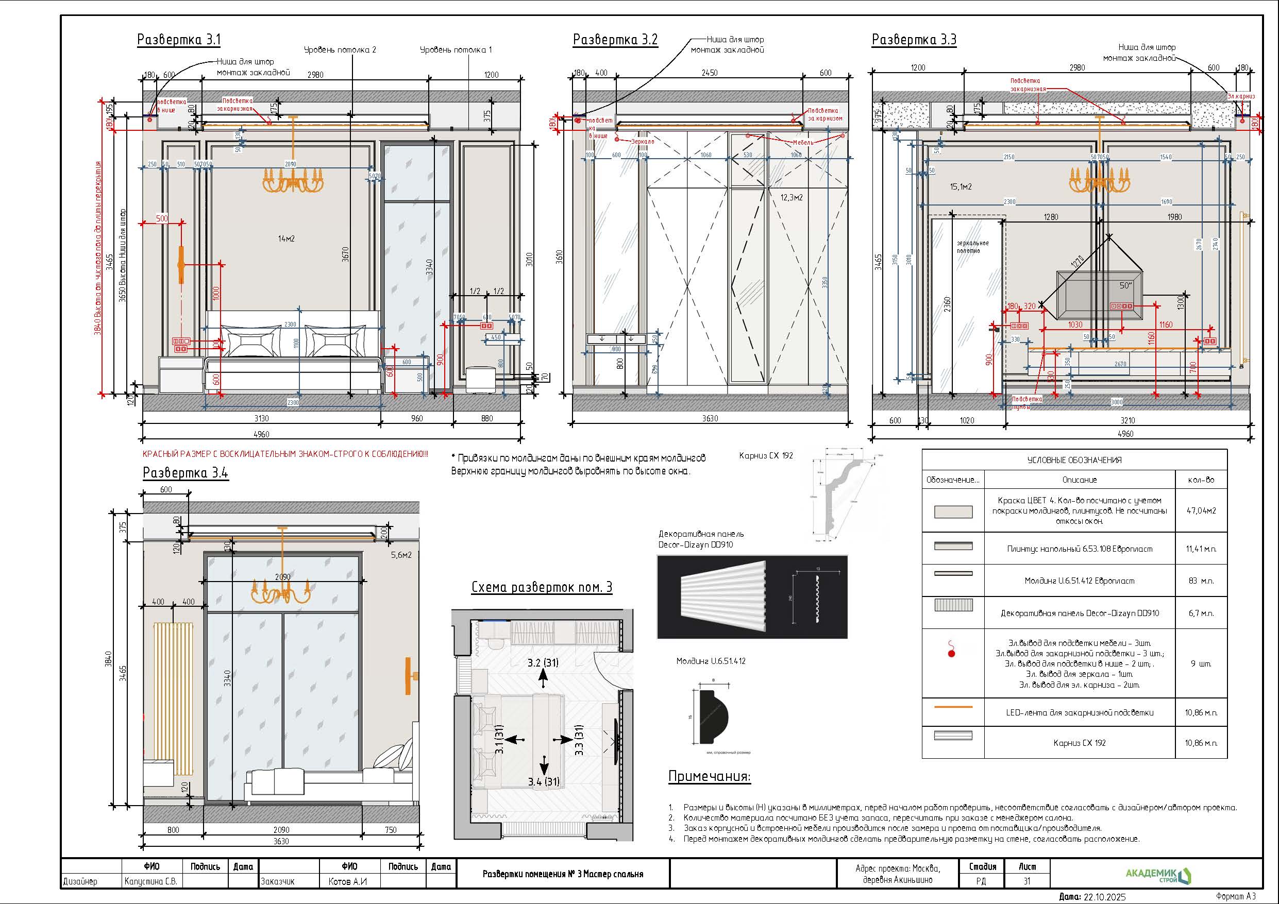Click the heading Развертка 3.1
click(179, 40)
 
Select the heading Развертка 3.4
click(186, 473)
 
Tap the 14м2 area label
click(287, 239)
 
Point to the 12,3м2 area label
click(791, 198)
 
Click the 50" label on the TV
click(1126, 286)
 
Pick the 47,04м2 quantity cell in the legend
click(1201, 510)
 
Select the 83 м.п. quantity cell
click(1201, 581)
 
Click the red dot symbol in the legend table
click(951, 653)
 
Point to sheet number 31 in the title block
click(1026, 881)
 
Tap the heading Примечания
click(709, 776)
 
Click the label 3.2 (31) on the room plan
click(543, 663)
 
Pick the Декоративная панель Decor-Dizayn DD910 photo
click(751, 596)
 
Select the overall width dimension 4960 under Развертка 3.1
click(261, 434)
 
